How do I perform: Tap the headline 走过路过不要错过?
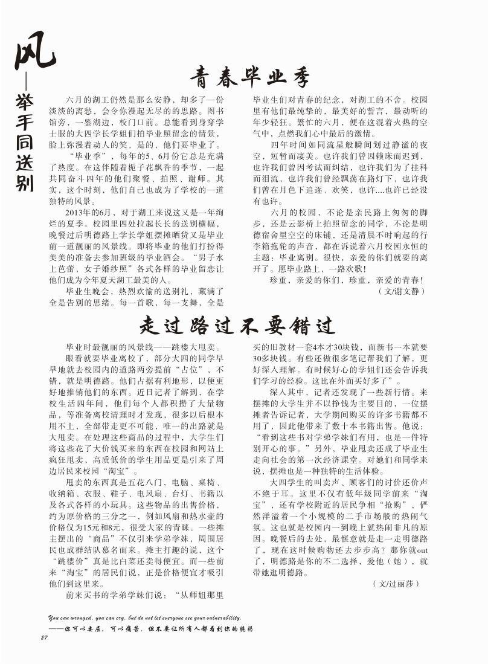click(x=237, y=326)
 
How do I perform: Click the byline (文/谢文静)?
click(x=401, y=291)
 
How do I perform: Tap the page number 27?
click(x=44, y=638)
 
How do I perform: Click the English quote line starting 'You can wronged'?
click(x=145, y=618)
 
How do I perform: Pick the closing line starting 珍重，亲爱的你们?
click(x=346, y=280)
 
